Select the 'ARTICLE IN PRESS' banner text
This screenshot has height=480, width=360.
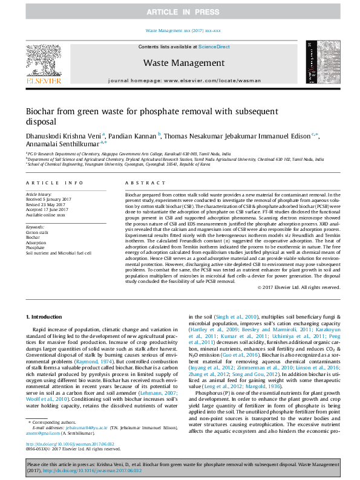pos(180,12)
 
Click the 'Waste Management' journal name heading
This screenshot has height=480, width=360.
pos(183,63)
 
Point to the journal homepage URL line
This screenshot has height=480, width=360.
pos(183,80)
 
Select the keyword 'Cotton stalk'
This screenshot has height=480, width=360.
pos(38,232)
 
